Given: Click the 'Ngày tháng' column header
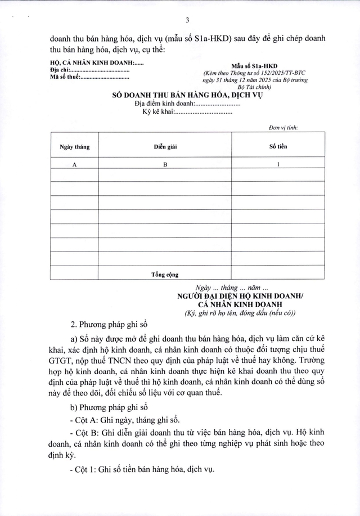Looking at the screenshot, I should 74,146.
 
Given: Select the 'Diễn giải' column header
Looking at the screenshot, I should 166,146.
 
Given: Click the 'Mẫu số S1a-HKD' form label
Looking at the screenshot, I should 258,66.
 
